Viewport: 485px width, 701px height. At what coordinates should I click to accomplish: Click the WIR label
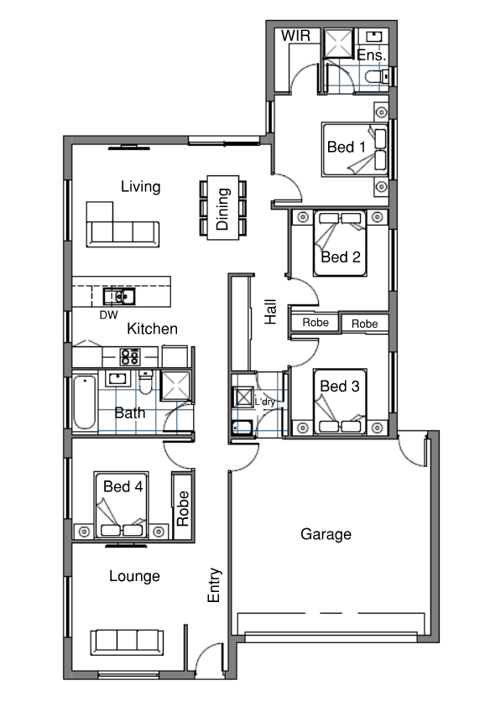point(295,36)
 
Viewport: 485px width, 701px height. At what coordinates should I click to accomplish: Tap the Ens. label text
point(372,55)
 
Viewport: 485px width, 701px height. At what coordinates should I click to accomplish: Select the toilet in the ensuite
point(377,77)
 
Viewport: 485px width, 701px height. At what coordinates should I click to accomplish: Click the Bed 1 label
point(347,147)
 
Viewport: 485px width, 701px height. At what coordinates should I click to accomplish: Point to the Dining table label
point(222,209)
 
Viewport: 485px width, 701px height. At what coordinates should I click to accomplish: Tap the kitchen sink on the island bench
point(119,296)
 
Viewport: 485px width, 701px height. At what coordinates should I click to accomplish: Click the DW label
point(109,315)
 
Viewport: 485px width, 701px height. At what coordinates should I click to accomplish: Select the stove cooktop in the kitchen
point(130,356)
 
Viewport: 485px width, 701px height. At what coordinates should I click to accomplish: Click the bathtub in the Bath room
point(85,402)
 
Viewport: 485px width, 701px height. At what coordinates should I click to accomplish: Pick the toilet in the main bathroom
point(145,382)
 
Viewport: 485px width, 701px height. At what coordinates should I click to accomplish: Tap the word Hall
point(270,312)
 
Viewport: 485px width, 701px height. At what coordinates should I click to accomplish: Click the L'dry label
point(265,402)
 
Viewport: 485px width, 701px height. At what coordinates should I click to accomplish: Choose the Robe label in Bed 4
point(183,508)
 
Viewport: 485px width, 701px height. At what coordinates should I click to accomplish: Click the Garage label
point(326,534)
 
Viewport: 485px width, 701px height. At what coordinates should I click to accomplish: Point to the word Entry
point(214,584)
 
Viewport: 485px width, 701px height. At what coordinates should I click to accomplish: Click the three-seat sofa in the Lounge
point(127,642)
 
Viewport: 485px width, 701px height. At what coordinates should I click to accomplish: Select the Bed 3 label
point(340,386)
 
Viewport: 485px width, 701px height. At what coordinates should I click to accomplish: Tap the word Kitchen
point(152,329)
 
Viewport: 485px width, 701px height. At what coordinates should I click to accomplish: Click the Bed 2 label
point(341,257)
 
